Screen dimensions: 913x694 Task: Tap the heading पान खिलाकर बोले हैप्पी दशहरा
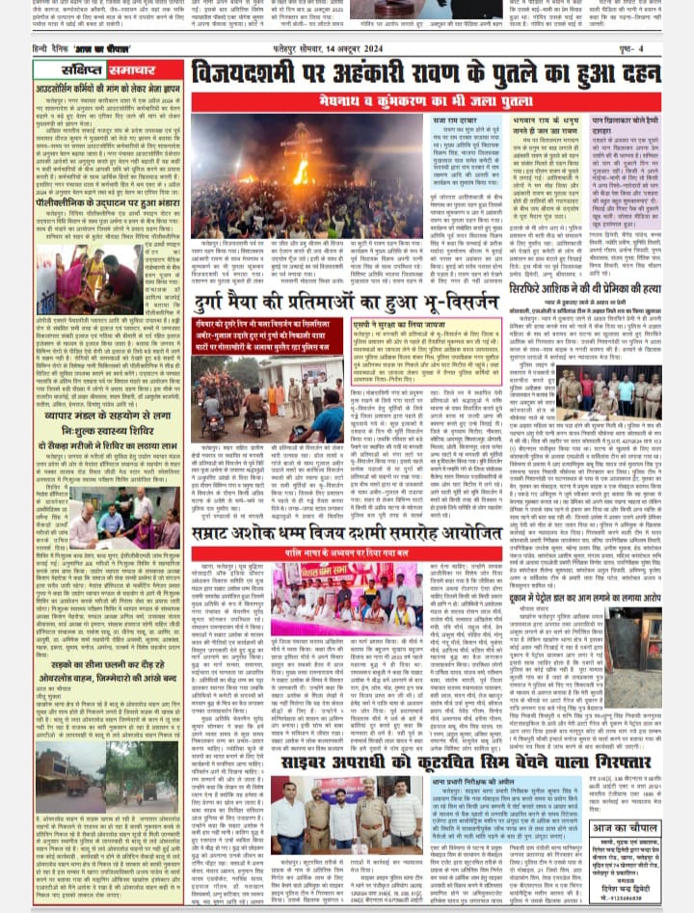625,126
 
